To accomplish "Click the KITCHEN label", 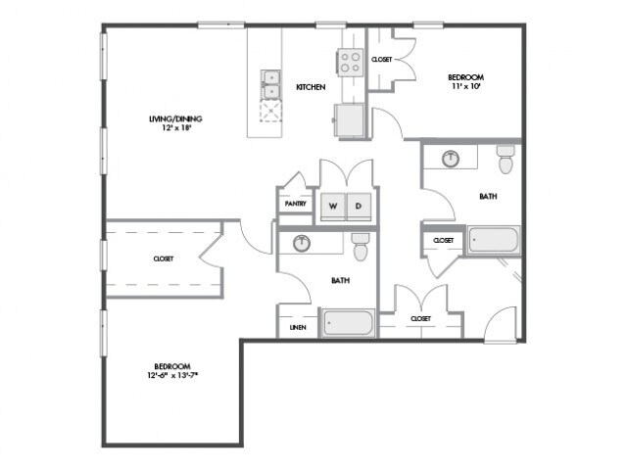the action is point(311,87).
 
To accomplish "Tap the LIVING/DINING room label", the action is point(175,118).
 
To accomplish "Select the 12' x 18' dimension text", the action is point(176,128).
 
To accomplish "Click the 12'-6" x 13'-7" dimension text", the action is point(172,375).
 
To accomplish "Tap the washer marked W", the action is point(333,207).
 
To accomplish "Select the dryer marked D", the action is point(359,207).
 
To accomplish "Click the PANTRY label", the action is point(296,204).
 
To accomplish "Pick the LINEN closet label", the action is point(298,328).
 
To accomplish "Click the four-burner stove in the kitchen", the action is point(351,63).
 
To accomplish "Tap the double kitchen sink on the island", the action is point(270,85).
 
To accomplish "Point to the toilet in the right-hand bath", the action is point(506,159).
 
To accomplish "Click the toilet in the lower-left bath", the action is point(361,247).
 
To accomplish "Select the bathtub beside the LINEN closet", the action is point(349,322).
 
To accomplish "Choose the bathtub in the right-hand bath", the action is point(494,240).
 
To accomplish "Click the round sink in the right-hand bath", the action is point(451,159).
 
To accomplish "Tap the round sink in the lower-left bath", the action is point(302,244).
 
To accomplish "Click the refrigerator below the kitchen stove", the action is point(349,120).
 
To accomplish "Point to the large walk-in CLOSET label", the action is point(164,258).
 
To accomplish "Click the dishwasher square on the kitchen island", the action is point(270,111).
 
